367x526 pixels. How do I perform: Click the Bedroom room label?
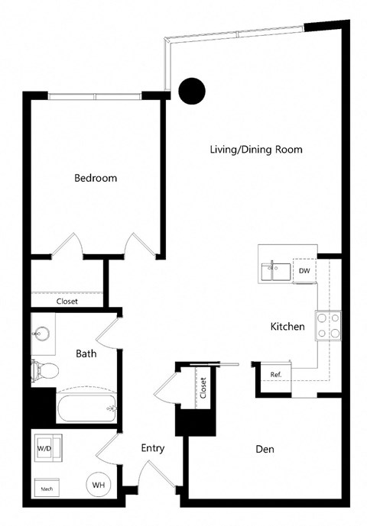(96, 178)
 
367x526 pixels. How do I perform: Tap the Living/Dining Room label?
(256, 150)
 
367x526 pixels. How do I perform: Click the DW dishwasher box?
(304, 270)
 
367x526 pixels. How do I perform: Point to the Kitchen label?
(287, 327)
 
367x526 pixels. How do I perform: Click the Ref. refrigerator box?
(276, 374)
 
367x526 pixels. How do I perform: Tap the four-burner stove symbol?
(329, 326)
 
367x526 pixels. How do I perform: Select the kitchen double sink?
(276, 269)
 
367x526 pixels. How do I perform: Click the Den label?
(265, 450)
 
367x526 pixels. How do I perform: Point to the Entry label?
(153, 448)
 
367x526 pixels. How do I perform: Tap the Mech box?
(46, 486)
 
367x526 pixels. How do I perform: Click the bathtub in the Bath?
(86, 408)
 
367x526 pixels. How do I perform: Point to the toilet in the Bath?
(44, 372)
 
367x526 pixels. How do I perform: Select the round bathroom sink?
(41, 334)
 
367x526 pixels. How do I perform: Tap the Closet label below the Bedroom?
(67, 301)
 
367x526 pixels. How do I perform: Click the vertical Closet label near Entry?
(203, 388)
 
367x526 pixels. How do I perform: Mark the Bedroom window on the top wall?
(95, 95)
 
